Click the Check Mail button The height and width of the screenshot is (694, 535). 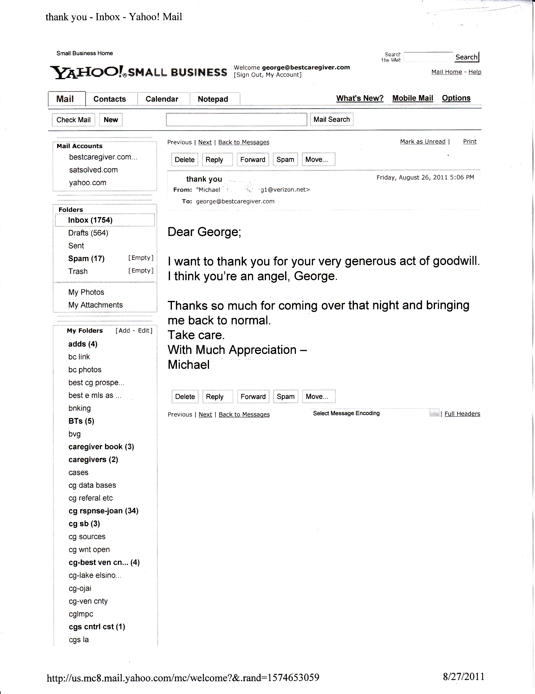73,120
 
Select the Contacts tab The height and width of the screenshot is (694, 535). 110,99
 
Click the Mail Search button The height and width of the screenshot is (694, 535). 332,119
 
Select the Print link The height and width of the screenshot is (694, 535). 470,141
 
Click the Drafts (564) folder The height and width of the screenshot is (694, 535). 88,233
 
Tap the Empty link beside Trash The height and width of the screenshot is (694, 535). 141,271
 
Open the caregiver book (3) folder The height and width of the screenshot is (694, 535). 101,447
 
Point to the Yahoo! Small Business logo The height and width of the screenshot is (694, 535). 138,72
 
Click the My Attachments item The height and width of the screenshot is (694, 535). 95,305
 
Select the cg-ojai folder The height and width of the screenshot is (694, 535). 80,588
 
